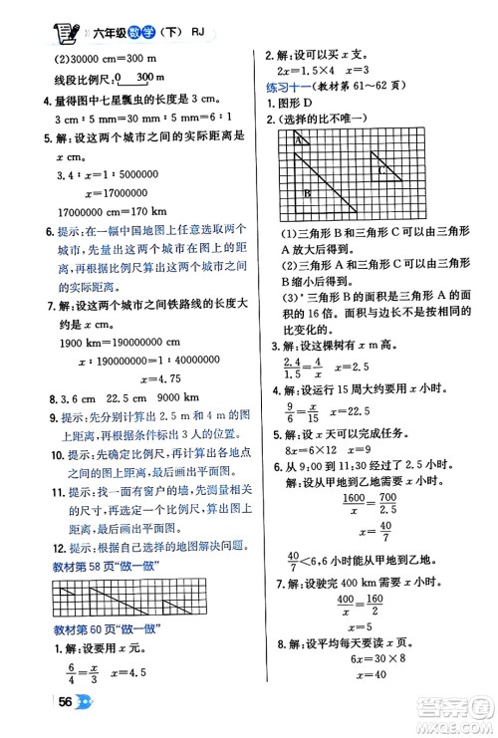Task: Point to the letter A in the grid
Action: [x=298, y=142]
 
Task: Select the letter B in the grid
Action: [x=309, y=192]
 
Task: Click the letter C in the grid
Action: [x=380, y=169]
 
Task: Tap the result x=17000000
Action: [x=119, y=192]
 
